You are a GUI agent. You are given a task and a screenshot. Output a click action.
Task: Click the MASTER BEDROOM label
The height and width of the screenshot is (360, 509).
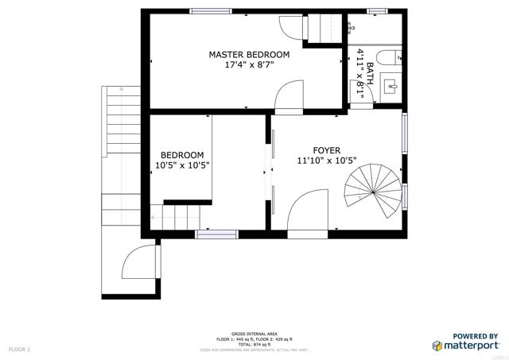click(249, 55)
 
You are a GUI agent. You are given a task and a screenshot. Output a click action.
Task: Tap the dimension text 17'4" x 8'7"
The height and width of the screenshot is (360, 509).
click(249, 66)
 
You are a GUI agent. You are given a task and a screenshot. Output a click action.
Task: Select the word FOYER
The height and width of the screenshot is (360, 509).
click(326, 149)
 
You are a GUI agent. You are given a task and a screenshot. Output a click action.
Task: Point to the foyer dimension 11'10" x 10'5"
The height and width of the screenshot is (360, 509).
click(326, 161)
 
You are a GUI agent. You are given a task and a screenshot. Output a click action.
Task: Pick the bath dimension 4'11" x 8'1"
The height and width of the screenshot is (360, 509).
click(362, 72)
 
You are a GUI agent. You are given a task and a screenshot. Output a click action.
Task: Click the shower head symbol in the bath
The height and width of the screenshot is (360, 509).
click(351, 26)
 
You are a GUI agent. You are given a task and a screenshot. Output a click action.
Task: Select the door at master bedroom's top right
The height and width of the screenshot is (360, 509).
click(290, 30)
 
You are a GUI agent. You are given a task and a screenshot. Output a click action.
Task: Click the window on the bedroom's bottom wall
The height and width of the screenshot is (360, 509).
click(216, 234)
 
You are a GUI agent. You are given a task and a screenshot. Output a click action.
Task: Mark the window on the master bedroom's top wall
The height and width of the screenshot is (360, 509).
click(211, 11)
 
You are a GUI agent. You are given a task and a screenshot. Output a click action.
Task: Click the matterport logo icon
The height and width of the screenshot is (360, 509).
click(437, 346)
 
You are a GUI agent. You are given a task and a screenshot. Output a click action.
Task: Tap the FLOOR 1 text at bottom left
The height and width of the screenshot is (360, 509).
click(19, 349)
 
